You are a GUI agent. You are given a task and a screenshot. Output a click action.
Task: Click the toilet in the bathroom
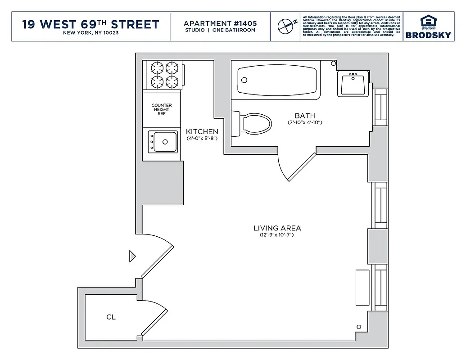(x=254, y=122)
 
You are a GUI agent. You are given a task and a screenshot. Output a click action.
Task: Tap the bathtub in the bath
(x=276, y=80)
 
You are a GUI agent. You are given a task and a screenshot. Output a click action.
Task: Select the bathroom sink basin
(x=353, y=84)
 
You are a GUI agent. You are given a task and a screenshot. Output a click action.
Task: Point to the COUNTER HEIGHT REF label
(x=162, y=109)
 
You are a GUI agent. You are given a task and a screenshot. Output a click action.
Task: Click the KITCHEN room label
(x=202, y=132)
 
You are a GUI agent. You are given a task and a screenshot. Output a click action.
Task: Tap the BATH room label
(x=305, y=116)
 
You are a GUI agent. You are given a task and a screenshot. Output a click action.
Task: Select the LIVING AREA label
(x=277, y=228)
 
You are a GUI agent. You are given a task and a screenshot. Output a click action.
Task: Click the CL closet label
(x=111, y=317)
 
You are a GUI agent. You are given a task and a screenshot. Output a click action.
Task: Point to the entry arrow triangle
(x=132, y=256)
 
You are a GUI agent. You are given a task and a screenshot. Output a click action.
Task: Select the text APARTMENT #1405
(x=219, y=23)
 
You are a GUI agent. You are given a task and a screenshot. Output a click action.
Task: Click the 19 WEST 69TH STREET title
(x=90, y=24)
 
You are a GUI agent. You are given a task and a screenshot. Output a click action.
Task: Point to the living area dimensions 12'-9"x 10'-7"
(x=276, y=235)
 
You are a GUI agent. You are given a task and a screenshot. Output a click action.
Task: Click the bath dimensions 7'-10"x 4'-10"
(x=305, y=123)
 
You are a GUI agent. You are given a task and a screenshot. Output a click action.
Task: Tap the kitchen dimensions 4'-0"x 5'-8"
(x=202, y=139)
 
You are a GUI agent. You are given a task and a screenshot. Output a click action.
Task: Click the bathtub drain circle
(x=244, y=80)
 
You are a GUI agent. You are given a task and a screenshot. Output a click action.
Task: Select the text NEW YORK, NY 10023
(x=90, y=33)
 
